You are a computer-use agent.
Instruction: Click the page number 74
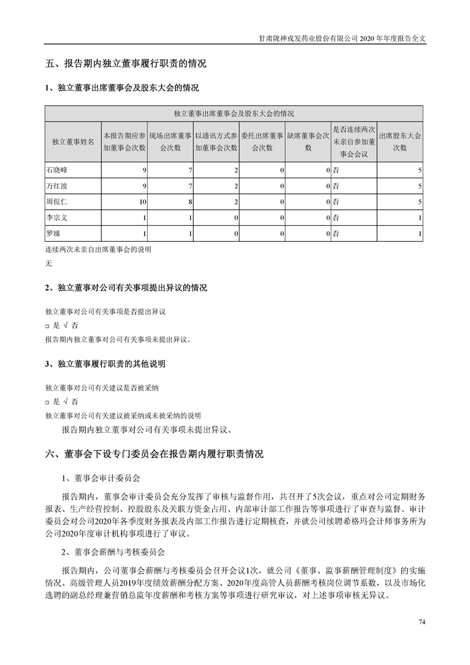422,622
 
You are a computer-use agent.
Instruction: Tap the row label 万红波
56,186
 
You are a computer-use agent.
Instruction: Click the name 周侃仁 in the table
56,202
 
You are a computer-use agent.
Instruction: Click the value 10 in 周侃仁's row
143,202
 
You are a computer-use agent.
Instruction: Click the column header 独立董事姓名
73,142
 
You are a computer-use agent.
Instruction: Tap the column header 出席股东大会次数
399,142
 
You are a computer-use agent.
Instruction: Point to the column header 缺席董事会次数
308,142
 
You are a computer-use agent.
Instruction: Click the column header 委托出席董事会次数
263,142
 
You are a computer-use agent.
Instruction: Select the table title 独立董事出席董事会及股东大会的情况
234,113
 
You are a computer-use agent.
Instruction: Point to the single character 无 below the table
49,264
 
